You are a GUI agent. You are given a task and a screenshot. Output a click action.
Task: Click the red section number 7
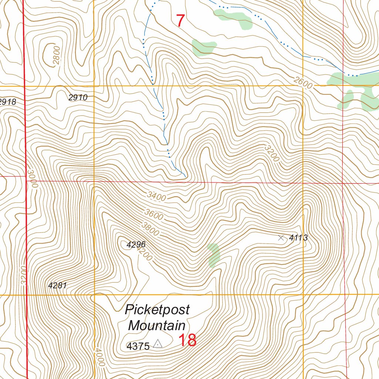point(180,21)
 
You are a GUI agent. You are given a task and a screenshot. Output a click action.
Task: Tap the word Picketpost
point(157,309)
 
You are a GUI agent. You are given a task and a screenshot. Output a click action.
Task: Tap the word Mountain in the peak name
point(157,326)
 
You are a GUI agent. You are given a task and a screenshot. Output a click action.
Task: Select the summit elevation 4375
point(138,346)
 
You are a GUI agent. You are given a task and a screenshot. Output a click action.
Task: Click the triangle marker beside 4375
point(158,344)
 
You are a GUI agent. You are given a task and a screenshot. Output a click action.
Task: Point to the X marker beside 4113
point(281,238)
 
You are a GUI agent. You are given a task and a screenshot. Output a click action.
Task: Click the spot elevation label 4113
point(298,238)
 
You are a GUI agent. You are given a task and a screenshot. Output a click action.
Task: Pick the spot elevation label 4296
point(136,245)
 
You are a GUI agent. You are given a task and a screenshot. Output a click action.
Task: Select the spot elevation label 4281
point(57,285)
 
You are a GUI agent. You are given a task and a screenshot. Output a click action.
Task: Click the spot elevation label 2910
point(78,98)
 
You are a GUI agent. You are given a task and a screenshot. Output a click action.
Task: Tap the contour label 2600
point(303,84)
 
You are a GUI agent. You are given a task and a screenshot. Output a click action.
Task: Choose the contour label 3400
point(156,196)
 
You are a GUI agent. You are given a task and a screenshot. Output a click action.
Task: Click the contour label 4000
point(99,357)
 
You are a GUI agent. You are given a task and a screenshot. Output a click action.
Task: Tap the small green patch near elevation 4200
point(214,255)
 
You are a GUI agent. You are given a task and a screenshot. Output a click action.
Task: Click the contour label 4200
point(144,254)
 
